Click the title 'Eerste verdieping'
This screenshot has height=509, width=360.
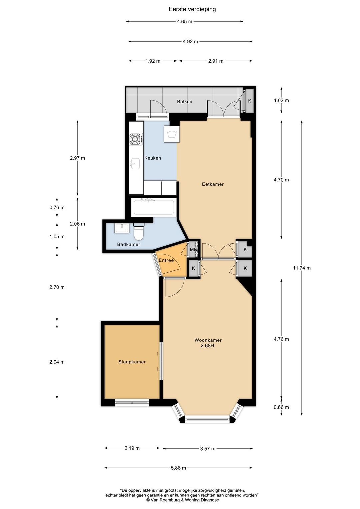[192, 9]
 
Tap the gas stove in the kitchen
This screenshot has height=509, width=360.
[136, 139]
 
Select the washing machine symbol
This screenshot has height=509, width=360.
[171, 134]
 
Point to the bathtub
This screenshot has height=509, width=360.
[154, 207]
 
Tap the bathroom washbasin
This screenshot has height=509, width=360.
[122, 228]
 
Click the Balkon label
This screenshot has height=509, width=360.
[185, 102]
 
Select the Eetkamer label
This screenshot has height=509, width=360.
[213, 184]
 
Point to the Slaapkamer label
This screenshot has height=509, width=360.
[132, 362]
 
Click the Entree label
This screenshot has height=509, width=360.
[166, 260]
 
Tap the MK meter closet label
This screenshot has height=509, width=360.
[194, 249]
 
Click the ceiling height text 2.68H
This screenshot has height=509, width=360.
[208, 346]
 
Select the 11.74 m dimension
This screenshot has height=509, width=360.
[302, 268]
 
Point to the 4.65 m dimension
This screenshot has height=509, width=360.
[185, 22]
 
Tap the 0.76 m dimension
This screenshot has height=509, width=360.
[57, 207]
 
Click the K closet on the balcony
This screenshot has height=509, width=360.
[249, 101]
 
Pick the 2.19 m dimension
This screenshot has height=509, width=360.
[132, 448]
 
